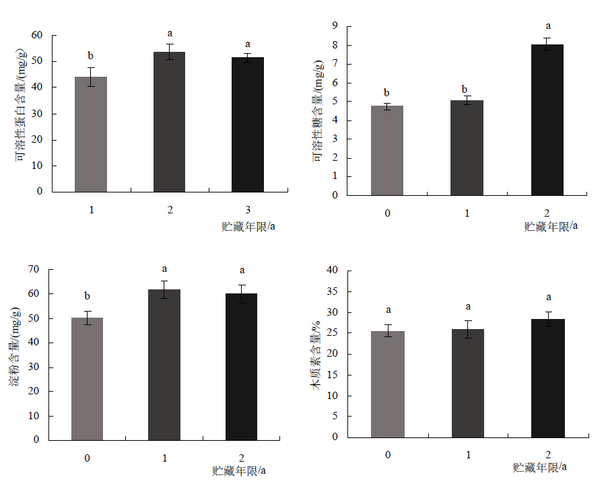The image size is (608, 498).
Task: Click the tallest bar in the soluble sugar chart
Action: click(x=547, y=120)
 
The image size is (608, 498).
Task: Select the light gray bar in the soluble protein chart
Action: click(x=90, y=134)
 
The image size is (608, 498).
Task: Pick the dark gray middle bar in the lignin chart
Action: click(x=467, y=383)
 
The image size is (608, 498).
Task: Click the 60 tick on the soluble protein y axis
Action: click(x=37, y=35)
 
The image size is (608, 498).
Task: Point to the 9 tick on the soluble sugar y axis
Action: click(x=335, y=26)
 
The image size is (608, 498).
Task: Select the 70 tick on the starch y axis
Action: click(x=34, y=269)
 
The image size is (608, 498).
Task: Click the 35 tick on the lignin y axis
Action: click(x=331, y=291)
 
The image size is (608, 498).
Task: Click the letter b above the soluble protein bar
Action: click(x=90, y=55)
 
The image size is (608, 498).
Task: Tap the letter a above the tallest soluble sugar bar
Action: click(x=547, y=26)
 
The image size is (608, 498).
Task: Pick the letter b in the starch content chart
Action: click(x=87, y=296)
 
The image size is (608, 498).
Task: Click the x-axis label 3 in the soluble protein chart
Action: click(x=248, y=210)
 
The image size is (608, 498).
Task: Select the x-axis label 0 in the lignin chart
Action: click(x=389, y=455)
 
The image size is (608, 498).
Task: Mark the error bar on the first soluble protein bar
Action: click(x=90, y=77)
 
